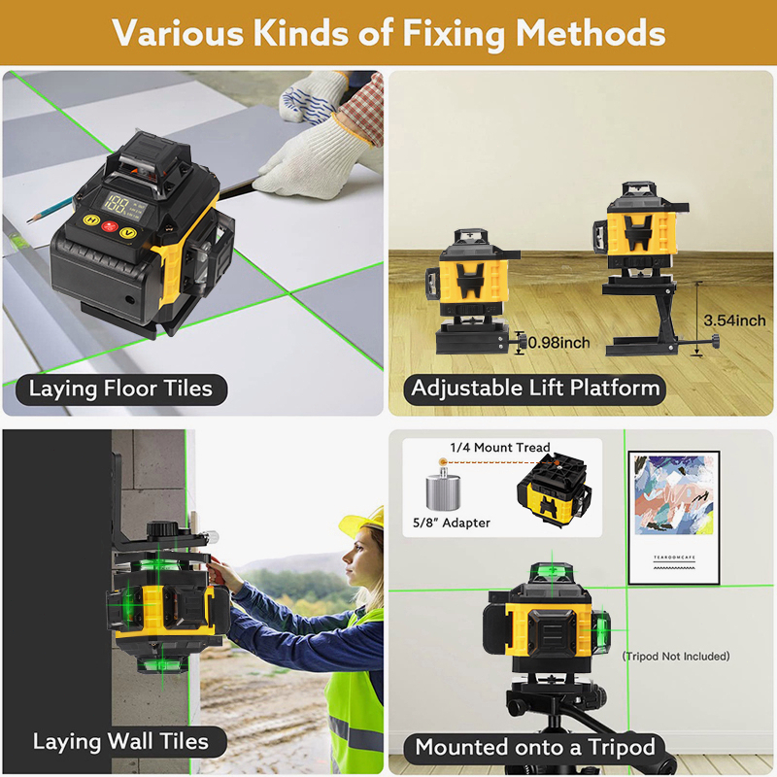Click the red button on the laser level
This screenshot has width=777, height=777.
[110, 226]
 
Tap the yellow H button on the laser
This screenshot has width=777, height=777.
[91, 220]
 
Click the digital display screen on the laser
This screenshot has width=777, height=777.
[125, 206]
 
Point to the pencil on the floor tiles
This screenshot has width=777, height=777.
[50, 210]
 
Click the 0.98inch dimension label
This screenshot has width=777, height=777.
[559, 343]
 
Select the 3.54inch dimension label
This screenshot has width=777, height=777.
[735, 321]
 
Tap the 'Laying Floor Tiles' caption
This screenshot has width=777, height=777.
[120, 389]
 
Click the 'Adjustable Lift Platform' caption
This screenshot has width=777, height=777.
[535, 388]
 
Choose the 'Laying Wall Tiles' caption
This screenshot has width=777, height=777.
[120, 742]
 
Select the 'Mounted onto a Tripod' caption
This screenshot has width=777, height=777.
[535, 747]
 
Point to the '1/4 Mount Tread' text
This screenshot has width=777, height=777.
[500, 448]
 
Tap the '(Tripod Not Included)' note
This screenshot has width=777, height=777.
[676, 657]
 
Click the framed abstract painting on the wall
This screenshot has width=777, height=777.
[674, 518]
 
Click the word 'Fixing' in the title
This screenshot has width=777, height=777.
[454, 34]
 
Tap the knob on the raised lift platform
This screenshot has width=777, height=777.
[715, 341]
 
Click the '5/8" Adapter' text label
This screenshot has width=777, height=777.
[452, 523]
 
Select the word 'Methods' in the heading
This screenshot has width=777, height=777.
[591, 33]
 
